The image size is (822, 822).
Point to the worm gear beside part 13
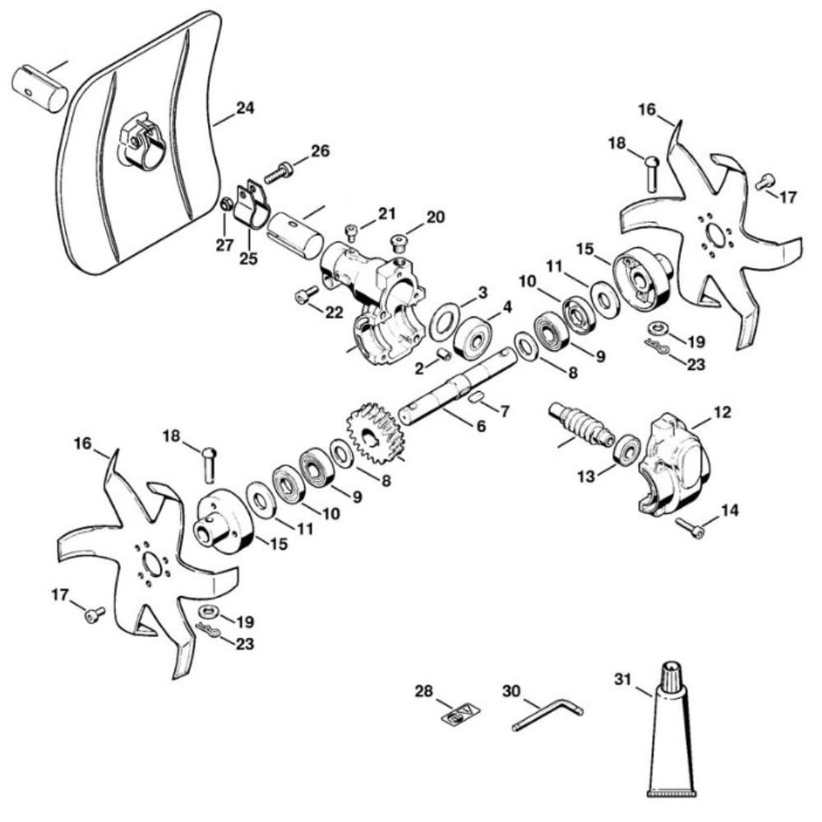580,423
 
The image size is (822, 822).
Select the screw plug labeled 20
400,242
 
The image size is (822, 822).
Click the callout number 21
387,215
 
